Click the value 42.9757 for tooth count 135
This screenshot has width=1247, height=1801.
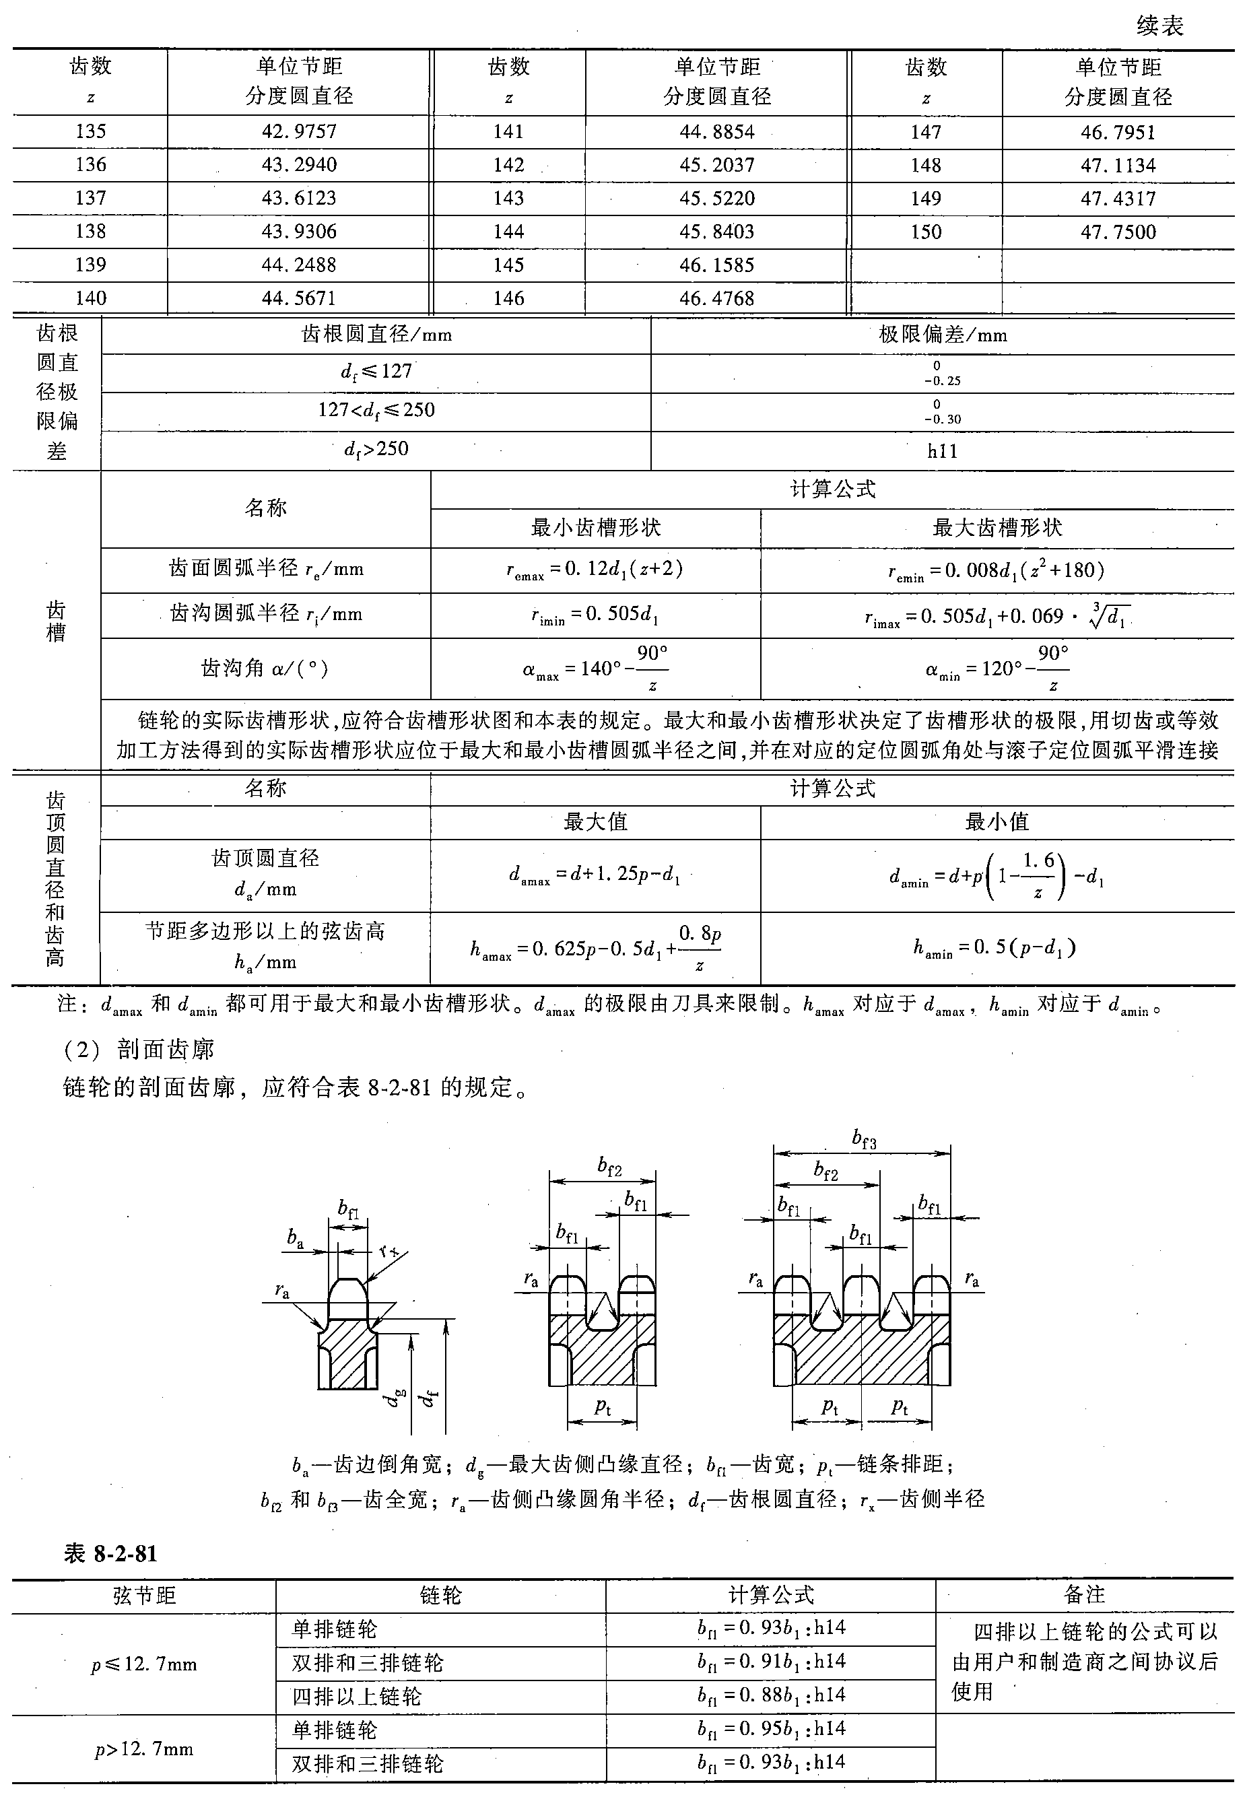(x=299, y=131)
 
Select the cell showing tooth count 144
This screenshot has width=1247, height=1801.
(x=508, y=232)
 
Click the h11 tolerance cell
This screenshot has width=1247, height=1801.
(x=942, y=451)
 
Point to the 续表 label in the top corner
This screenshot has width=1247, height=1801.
(x=1160, y=26)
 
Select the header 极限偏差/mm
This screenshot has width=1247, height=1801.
(x=942, y=335)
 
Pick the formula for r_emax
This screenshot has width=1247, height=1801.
(x=595, y=570)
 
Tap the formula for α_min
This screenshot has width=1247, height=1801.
(x=997, y=669)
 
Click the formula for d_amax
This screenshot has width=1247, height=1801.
(x=595, y=875)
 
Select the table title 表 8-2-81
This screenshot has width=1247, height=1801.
(x=110, y=1553)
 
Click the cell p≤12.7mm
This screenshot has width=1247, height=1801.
(x=144, y=1664)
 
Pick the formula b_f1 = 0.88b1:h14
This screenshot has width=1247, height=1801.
(x=771, y=1695)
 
